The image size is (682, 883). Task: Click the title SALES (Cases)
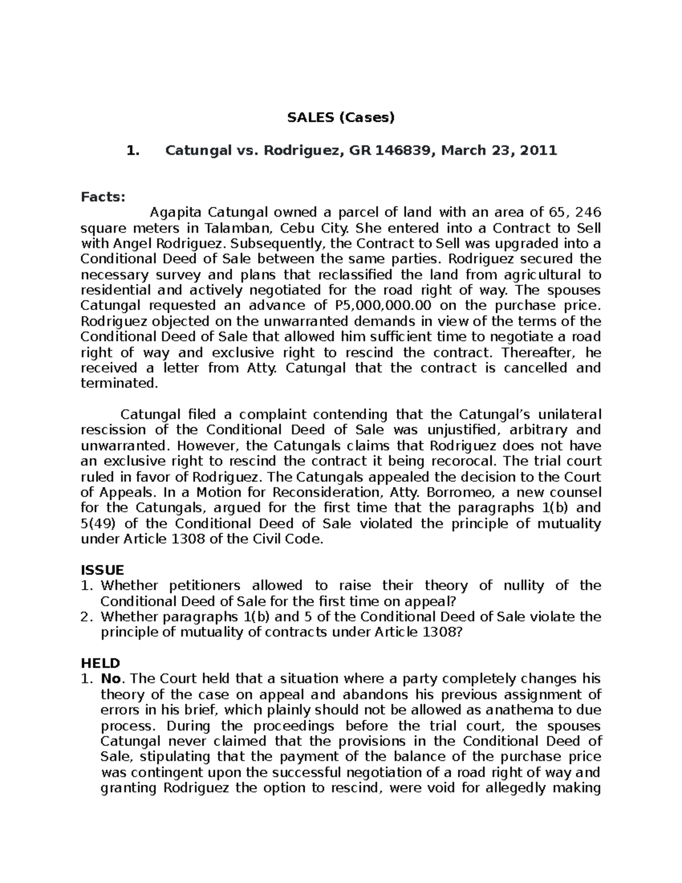340,118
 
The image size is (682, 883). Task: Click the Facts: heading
102,197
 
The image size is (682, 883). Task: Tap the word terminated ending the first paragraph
118,383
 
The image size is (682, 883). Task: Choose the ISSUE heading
102,570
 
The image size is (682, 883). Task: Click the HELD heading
101,663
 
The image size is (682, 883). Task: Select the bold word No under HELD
108,679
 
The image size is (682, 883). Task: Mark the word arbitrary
533,430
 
